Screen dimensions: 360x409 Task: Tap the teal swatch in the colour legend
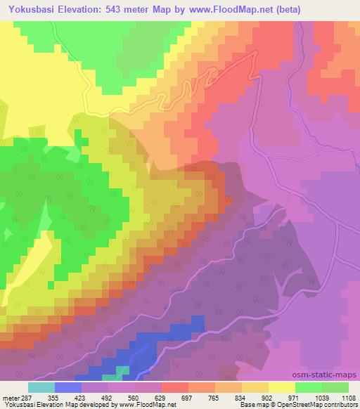41,387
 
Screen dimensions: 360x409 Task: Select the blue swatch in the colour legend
67,387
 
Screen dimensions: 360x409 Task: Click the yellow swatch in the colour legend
282,387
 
